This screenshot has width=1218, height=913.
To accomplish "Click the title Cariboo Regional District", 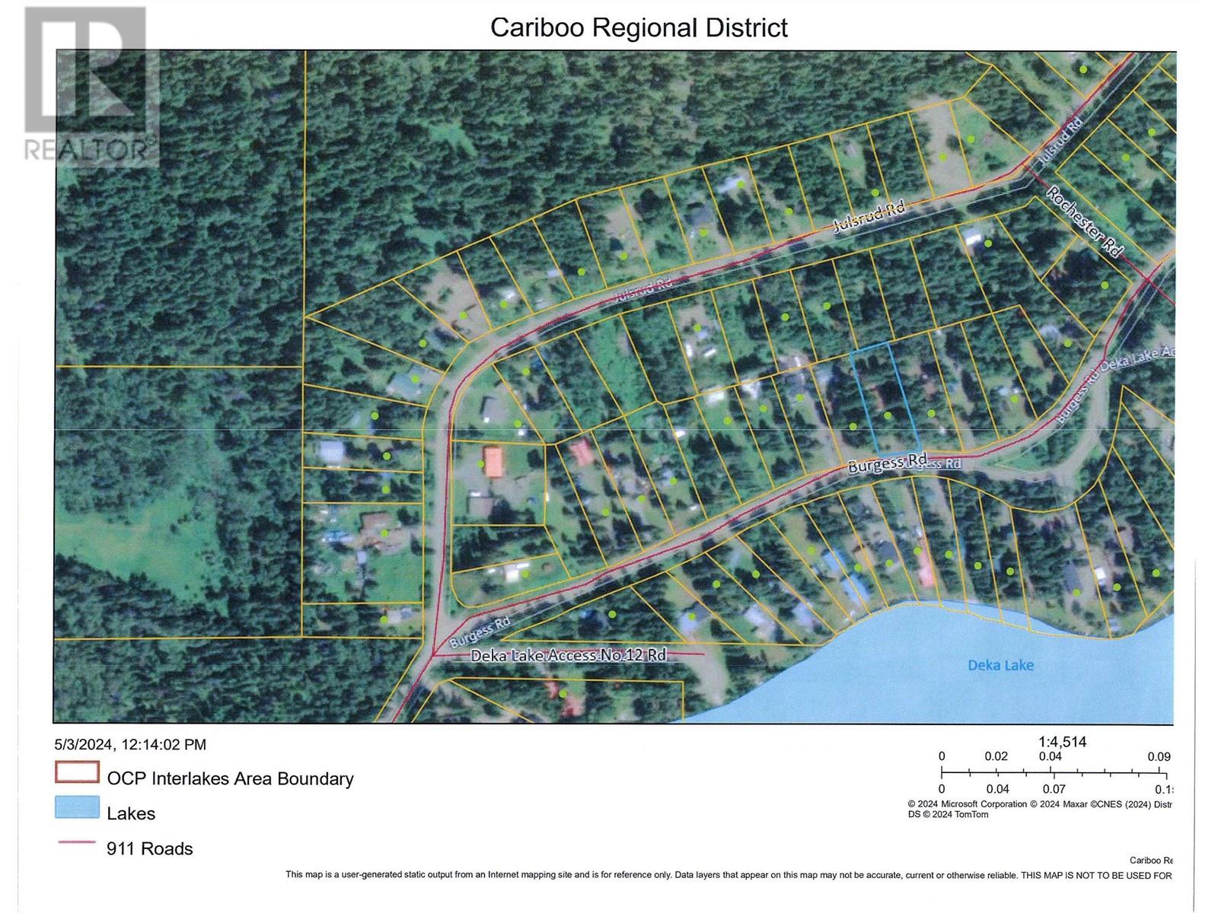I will (639, 27).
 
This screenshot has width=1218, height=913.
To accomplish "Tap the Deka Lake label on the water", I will (1000, 665).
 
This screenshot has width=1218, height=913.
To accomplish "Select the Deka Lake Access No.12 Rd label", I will (568, 655).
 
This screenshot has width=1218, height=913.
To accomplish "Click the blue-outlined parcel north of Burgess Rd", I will (884, 399).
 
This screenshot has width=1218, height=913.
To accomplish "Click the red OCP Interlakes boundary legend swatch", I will (77, 773).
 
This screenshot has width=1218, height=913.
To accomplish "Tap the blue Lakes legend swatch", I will (77, 808).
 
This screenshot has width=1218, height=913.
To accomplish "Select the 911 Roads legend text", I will (149, 848).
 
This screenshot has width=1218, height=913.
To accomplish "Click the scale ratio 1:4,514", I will (1062, 742).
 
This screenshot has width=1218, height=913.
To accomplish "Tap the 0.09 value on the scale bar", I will (1159, 756).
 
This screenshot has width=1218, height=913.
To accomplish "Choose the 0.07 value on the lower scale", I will (1054, 789).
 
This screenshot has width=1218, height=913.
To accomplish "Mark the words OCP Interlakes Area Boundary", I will (230, 778).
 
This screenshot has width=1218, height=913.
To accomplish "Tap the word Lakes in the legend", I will (131, 813).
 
